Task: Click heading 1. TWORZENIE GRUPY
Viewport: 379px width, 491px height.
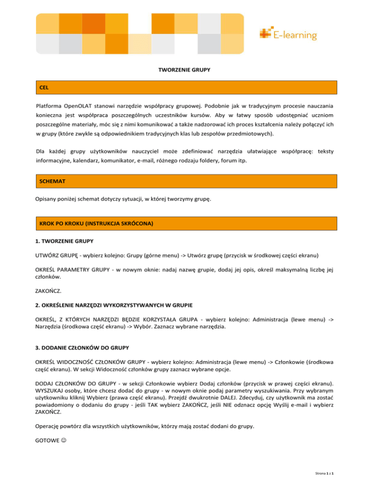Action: click(x=64, y=243)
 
